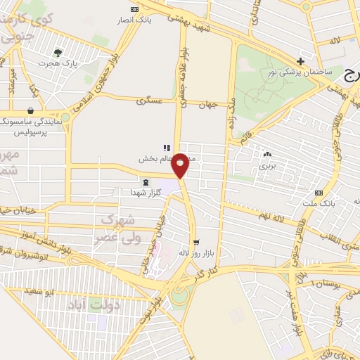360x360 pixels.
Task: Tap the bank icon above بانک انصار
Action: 134,9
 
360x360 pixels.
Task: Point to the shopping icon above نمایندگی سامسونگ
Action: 30,110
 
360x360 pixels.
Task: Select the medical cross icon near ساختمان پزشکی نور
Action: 300,61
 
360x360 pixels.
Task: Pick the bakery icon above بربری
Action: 266,155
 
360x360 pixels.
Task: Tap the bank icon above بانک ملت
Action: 319,193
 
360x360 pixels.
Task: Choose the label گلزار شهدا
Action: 146,193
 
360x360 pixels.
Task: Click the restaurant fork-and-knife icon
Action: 167,148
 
